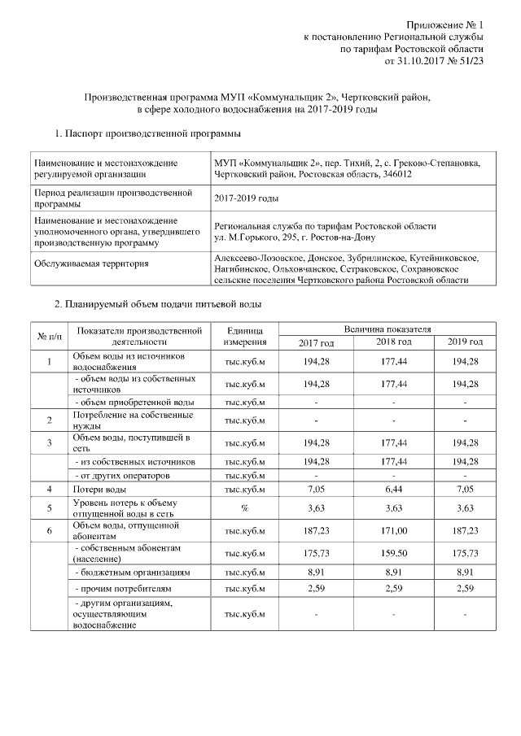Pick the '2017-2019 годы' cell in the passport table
[246, 198]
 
